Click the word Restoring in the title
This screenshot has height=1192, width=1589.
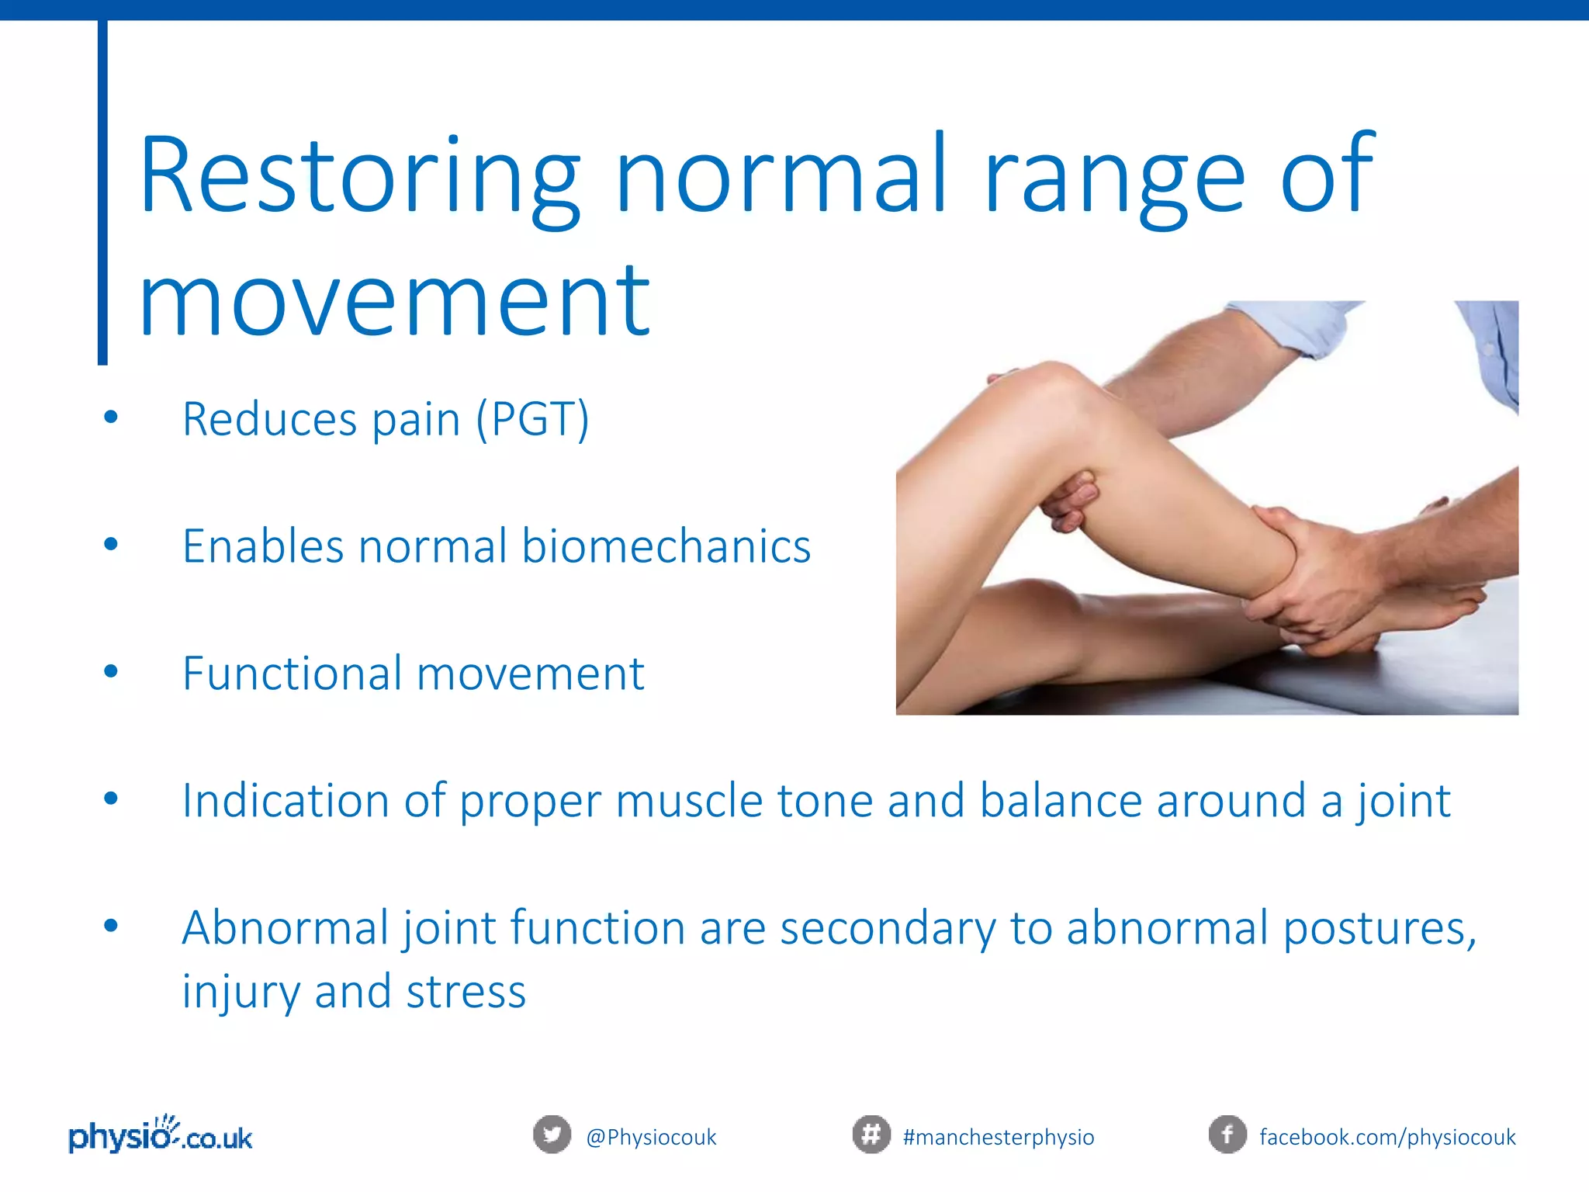358,177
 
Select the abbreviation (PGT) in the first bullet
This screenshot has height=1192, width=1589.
532,420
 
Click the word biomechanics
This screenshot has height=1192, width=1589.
666,546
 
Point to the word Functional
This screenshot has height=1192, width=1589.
293,673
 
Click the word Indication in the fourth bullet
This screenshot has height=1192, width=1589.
285,800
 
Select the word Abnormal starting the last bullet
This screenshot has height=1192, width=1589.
285,927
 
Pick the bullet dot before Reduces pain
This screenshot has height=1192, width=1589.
111,418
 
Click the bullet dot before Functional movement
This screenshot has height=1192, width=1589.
111,671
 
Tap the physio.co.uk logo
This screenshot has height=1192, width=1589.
161,1135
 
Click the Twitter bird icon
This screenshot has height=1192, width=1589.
552,1135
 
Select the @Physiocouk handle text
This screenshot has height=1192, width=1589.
651,1138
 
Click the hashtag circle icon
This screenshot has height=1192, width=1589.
871,1135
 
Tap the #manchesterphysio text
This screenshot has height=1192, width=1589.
998,1138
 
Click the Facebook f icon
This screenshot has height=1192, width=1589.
1227,1135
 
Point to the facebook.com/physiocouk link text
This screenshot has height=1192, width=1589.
1386,1138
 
